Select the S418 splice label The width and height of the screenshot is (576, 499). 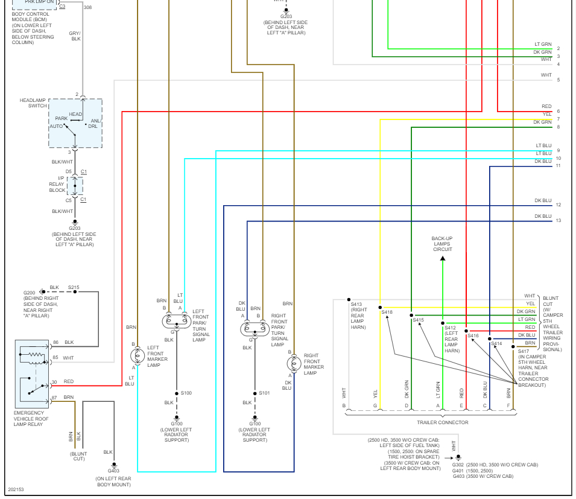coord(387,312)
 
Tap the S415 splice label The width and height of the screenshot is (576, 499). coord(418,320)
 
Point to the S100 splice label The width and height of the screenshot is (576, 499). coord(186,393)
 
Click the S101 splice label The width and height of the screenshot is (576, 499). coord(264,393)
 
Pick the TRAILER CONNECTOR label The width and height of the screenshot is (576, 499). coord(442,422)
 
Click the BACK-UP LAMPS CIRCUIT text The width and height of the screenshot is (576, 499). coord(441,244)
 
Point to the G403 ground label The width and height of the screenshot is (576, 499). coord(113,471)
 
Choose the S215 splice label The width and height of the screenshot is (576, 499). coord(74,287)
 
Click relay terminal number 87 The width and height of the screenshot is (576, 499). coord(54,397)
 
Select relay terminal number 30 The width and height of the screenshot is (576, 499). coord(54,381)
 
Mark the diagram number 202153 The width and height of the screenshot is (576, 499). coord(16,489)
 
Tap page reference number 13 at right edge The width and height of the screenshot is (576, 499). coord(559,221)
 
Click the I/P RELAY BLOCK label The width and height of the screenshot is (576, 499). coord(57,185)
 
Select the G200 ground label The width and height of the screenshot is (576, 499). coord(30,293)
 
